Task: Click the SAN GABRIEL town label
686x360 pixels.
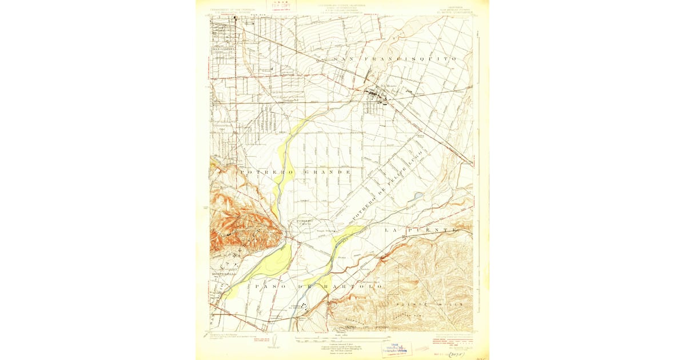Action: coord(224,49)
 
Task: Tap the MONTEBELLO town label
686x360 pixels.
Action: coord(224,274)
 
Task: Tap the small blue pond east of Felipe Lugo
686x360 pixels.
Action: coord(418,195)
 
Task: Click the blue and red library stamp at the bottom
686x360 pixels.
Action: coord(397,349)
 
